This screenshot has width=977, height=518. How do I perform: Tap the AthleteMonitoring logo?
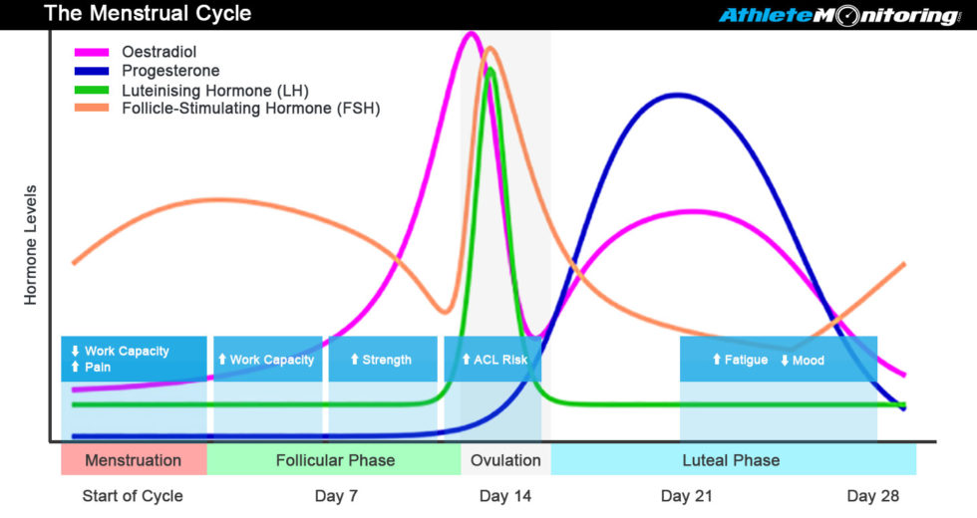[x=839, y=16]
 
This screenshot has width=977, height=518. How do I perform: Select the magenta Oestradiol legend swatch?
[x=92, y=52]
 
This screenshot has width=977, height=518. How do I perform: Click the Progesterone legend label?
[x=170, y=71]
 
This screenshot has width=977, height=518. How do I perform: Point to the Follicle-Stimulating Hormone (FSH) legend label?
[x=250, y=108]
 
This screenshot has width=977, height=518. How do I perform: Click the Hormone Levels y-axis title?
[x=31, y=244]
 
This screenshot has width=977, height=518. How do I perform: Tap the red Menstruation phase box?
[x=134, y=460]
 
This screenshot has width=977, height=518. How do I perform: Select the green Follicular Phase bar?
[x=335, y=460]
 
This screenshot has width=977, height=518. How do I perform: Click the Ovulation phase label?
[x=505, y=460]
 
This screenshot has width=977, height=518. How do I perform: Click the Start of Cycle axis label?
[x=133, y=496]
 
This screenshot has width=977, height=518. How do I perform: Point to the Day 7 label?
[x=335, y=496]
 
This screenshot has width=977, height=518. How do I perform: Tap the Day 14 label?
[x=505, y=496]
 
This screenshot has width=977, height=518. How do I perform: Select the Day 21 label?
[x=687, y=496]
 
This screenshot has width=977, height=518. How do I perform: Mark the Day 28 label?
[x=872, y=496]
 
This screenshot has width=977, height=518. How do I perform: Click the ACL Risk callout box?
[x=492, y=360]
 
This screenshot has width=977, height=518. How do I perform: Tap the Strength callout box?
[x=383, y=360]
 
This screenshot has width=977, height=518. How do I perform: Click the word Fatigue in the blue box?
[x=747, y=360]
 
